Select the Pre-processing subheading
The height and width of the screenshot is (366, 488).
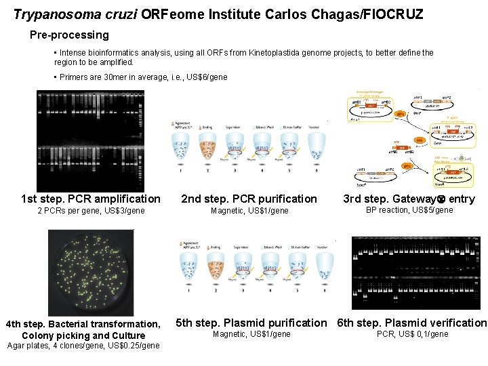(69, 35)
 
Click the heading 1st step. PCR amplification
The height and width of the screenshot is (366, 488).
(91, 199)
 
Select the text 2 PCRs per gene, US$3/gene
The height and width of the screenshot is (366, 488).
(91, 211)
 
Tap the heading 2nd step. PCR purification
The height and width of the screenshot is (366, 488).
(249, 199)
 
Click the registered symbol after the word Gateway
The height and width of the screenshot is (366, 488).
(440, 199)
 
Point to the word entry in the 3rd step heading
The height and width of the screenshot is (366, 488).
(462, 199)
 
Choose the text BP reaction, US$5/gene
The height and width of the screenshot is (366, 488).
(409, 210)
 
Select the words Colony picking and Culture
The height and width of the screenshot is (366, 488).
(83, 335)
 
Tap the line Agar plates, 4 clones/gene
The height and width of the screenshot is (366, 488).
(83, 346)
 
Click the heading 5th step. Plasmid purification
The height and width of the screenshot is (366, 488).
(251, 323)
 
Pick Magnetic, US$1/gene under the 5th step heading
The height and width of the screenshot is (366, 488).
(251, 334)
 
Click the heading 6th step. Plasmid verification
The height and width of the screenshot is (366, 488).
(412, 323)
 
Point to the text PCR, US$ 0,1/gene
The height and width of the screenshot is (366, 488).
(412, 334)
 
